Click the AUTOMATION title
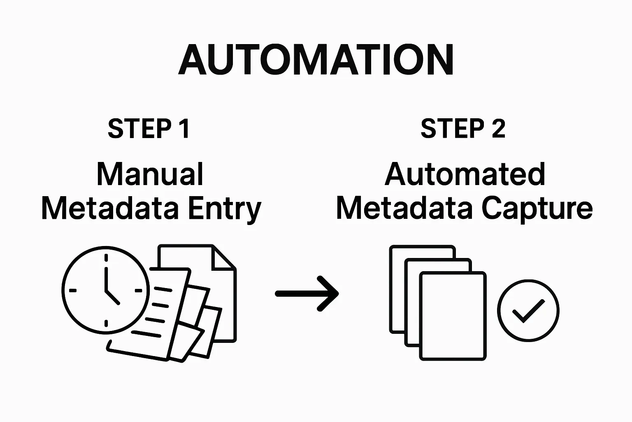(316, 60)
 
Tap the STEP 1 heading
(149, 129)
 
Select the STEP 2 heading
(463, 129)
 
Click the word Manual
(150, 174)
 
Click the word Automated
(465, 174)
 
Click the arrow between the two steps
(307, 293)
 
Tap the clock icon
(105, 289)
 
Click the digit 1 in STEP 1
(184, 129)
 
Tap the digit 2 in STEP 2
(498, 129)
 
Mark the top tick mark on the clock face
(106, 258)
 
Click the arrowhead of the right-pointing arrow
(331, 293)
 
